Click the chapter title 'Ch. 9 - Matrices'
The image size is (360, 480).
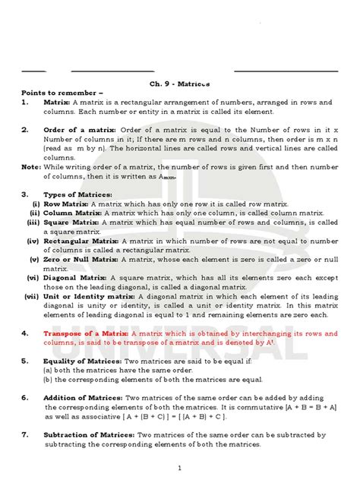[180, 84]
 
